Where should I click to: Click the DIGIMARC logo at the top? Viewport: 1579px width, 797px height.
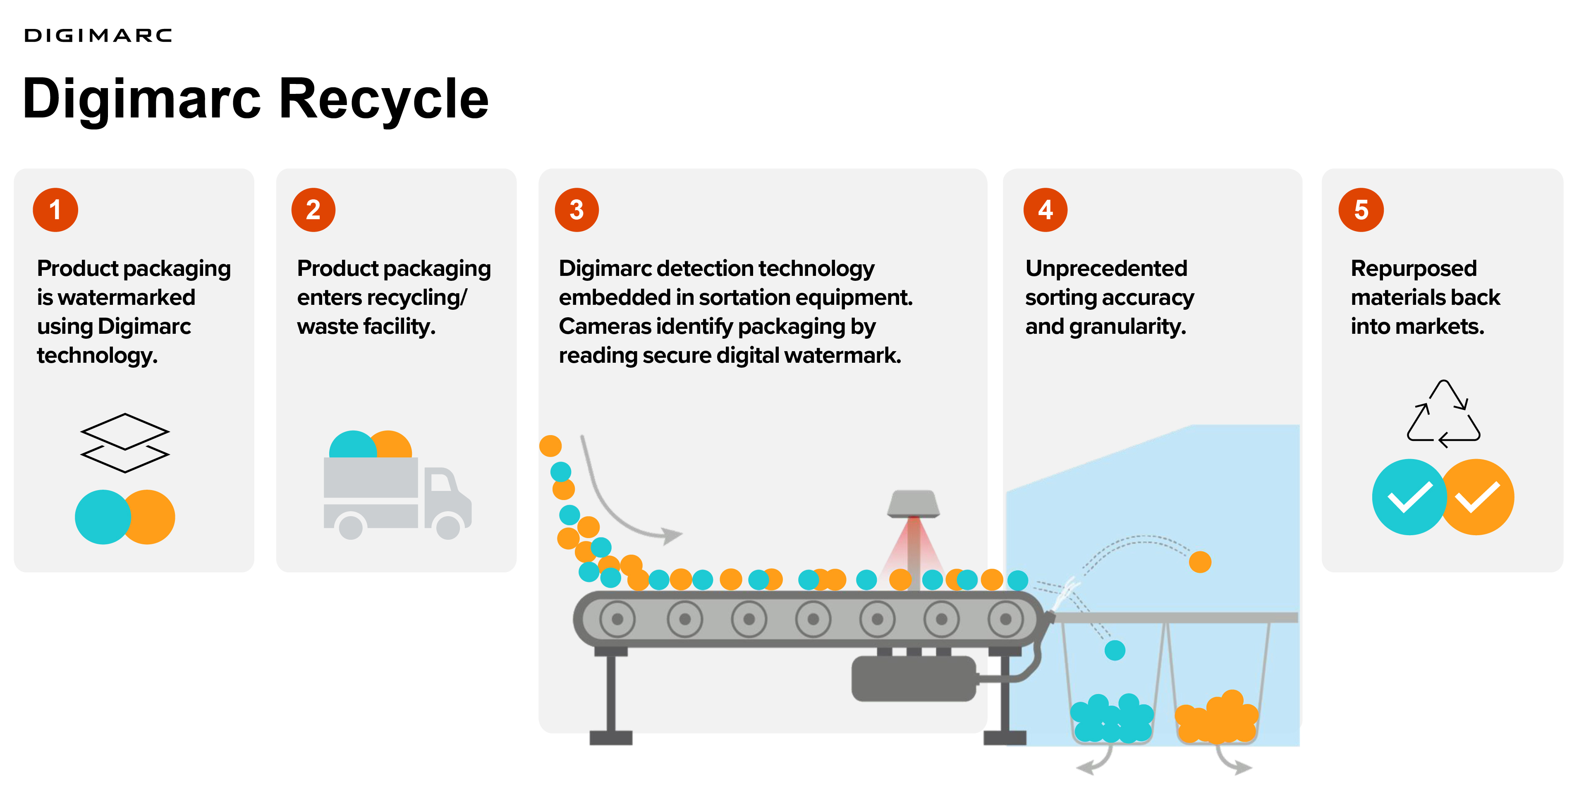click(98, 36)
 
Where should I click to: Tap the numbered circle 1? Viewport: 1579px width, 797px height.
click(55, 210)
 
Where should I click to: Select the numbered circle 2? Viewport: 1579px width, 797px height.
click(313, 210)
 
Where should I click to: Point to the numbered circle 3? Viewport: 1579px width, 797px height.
click(577, 210)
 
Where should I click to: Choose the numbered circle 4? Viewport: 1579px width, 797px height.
click(1046, 210)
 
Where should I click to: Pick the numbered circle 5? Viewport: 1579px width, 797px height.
click(1361, 210)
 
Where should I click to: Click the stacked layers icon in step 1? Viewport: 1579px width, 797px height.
click(125, 443)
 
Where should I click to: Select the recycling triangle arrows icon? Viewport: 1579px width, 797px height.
click(1443, 414)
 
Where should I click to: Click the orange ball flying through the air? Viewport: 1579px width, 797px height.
click(1200, 562)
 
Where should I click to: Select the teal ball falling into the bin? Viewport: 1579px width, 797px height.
click(1115, 650)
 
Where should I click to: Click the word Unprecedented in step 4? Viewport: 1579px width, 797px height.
click(1106, 268)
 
